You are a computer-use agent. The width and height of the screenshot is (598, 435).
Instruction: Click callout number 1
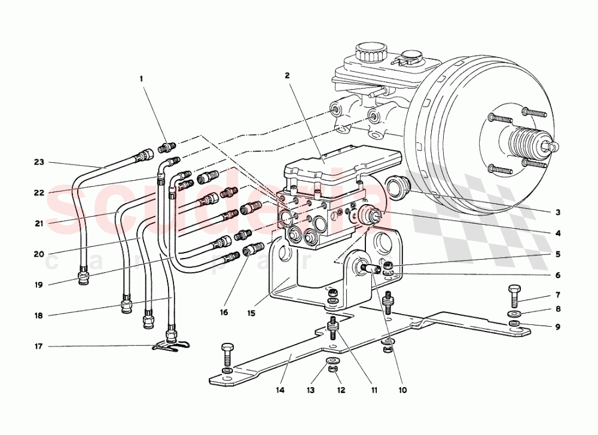tap(142, 78)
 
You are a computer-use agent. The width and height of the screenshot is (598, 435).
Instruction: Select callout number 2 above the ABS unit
tap(287, 75)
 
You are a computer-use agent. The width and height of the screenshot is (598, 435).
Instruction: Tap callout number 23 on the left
tap(39, 162)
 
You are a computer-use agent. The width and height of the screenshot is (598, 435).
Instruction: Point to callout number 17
tap(39, 346)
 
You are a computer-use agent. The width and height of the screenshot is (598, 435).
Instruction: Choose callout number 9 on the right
tap(557, 327)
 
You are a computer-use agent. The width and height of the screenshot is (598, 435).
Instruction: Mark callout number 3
tap(557, 212)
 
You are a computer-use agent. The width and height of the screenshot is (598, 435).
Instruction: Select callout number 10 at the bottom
tap(402, 390)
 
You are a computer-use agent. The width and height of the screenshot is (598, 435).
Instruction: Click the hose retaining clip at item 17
tap(172, 345)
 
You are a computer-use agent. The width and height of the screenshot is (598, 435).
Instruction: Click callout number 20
tap(39, 254)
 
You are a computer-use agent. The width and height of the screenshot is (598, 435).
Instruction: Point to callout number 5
tap(557, 254)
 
